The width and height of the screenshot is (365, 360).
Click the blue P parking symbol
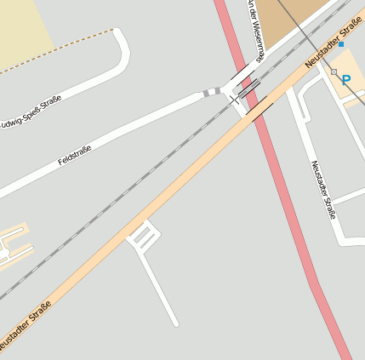pos(347,79)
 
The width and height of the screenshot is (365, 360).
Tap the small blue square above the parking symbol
pos(341,43)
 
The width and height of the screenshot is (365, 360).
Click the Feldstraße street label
pos(75,155)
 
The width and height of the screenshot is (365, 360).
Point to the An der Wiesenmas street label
pos(256,30)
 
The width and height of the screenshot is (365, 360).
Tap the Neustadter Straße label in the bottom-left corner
pos(26,324)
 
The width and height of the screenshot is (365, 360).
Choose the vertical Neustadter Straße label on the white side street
pos(322,189)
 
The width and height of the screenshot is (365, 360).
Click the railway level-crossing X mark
pos(234,100)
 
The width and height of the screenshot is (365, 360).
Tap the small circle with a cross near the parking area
pos(334,72)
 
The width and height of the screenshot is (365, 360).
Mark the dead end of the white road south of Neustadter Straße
pos(176,323)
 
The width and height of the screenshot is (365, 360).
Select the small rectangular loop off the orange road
pos(142,236)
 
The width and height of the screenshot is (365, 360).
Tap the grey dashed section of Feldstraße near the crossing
pos(211,91)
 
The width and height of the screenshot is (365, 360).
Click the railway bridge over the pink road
pos(248,89)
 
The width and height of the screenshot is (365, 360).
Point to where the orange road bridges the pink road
pos(258,108)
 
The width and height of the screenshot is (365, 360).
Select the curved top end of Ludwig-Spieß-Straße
pos(121,38)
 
